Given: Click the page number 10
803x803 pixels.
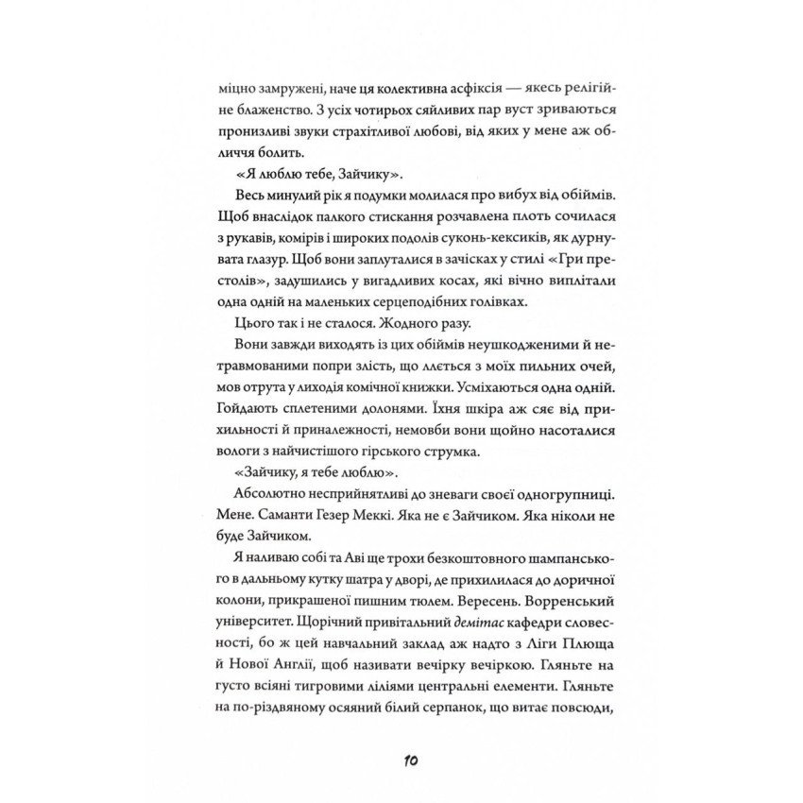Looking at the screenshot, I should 401,762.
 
